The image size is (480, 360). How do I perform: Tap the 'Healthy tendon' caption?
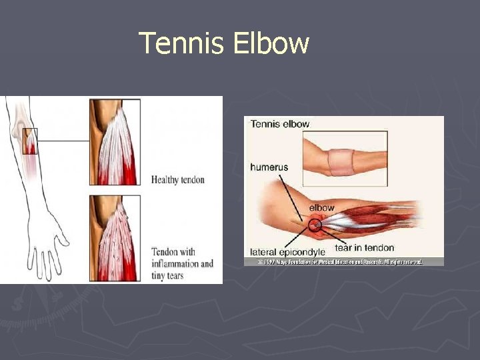tap(178, 179)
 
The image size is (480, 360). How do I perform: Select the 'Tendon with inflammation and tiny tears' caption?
tap(182, 263)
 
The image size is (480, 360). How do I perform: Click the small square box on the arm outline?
tap(30, 141)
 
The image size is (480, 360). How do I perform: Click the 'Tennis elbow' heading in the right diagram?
tap(281, 123)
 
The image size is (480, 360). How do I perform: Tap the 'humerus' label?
tap(269, 167)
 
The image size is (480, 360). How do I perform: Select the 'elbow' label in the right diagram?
tap(322, 208)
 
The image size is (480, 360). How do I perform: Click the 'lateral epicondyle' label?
tap(287, 252)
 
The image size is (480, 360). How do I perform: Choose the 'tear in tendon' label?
tap(364, 248)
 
